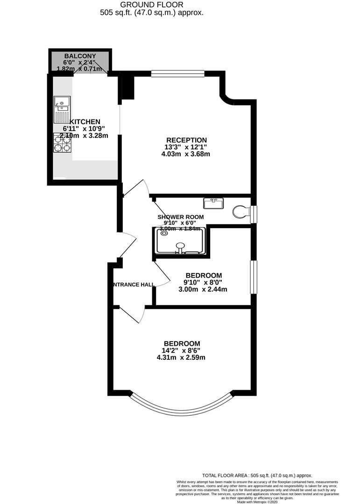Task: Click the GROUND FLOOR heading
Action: pos(152,5)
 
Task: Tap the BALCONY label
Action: pos(80,56)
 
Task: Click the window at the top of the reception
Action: pos(178,73)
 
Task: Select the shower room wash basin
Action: pos(213,203)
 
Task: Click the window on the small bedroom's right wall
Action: pos(253,277)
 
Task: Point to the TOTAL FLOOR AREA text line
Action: pos(257,475)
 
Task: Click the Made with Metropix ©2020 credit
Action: pos(257,502)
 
